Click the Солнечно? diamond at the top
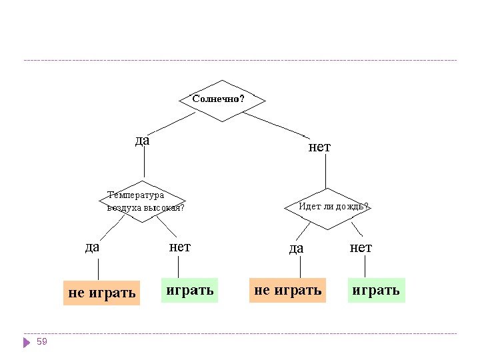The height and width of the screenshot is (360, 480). point(222,99)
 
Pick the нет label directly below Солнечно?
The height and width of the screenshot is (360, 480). point(319,147)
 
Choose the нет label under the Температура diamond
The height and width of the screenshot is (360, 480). point(180,247)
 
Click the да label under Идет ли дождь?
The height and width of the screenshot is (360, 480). point(296,248)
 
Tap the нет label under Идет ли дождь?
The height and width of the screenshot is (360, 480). point(361,247)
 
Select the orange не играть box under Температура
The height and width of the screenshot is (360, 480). point(102,293)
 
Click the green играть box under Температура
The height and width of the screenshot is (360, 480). point(190,290)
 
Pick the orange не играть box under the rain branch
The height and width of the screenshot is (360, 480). point(288,290)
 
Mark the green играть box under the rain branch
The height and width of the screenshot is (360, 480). point(376,290)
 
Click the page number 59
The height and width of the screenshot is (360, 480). point(42,341)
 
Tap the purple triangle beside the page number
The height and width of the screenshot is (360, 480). point(27,343)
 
